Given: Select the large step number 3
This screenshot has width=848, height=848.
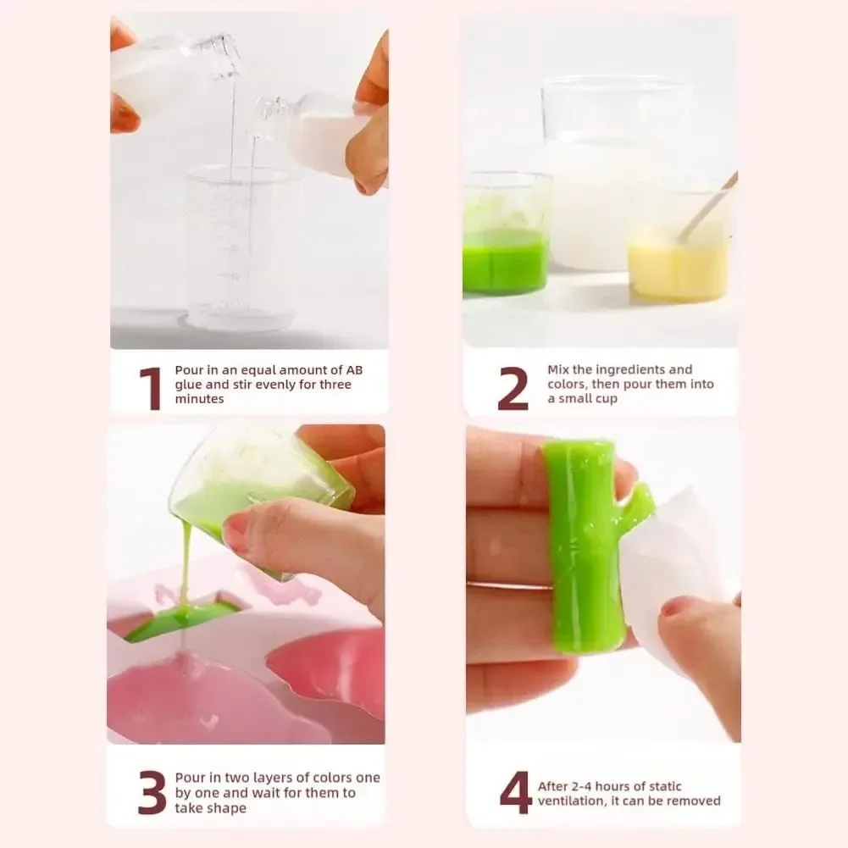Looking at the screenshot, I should point(152,793).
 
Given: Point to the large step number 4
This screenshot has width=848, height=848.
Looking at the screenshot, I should point(515,793).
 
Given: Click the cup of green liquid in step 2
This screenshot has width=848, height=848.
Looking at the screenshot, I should point(505,246).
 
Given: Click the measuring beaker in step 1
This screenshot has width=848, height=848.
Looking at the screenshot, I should point(241,250).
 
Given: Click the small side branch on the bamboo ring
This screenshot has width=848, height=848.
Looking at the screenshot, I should point(636,509).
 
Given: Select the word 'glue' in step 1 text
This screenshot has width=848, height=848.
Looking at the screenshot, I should point(189,385).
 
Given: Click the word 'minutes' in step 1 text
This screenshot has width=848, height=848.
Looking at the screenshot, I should point(199,399).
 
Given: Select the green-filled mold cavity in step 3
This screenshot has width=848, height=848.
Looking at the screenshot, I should point(181,618).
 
